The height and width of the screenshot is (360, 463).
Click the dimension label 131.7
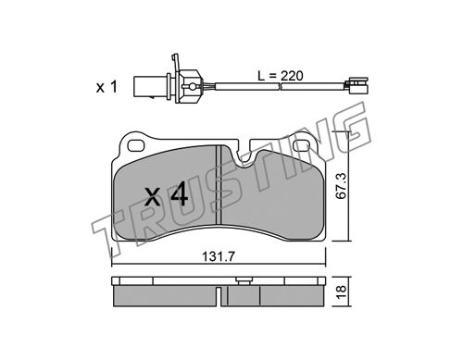point(219,256)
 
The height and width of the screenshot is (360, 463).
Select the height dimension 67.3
point(342,186)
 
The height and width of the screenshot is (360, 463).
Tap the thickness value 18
point(342,292)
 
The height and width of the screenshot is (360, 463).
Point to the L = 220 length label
point(281,76)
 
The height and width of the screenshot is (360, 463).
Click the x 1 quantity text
point(106,87)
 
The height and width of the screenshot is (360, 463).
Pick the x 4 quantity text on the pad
point(167,194)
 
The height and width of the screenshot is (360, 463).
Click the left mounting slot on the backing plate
point(136,146)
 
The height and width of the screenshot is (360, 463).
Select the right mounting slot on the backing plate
point(303,146)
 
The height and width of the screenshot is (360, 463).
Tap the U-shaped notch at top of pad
point(244,153)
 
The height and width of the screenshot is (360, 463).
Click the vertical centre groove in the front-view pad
point(219,185)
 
